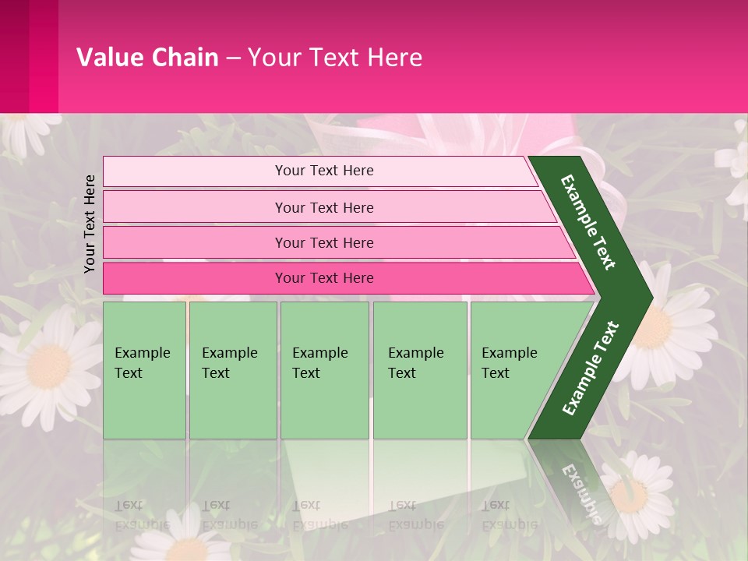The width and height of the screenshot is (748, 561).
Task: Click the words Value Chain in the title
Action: click(147, 57)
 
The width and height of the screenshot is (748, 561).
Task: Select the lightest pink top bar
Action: click(323, 171)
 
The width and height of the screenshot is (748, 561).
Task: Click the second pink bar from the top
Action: click(323, 207)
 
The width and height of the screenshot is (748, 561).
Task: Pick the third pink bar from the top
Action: click(323, 242)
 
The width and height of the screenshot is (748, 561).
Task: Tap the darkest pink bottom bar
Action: click(323, 278)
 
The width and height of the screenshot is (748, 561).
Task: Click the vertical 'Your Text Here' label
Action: click(90, 224)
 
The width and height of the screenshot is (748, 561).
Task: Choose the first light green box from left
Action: click(144, 370)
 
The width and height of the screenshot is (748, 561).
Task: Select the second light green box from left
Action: click(233, 370)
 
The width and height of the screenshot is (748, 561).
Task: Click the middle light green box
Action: click(324, 370)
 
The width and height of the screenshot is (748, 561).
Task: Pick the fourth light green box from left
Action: click(420, 370)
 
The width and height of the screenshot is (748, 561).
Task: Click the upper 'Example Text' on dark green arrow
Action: click(588, 222)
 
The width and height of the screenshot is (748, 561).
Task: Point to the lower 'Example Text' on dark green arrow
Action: click(591, 369)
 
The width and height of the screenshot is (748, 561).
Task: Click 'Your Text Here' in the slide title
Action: click(335, 57)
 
